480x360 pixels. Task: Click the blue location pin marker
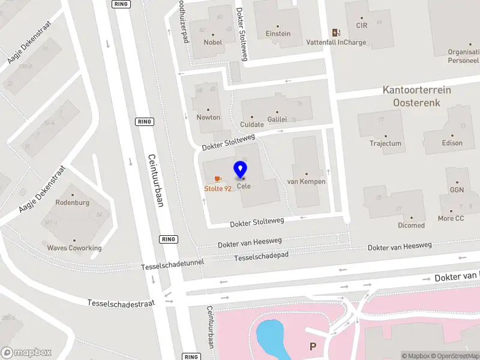coord(241,170)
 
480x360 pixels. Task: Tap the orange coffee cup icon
coord(218,179)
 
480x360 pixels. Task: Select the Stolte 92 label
coord(218,188)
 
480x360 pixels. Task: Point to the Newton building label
coord(208,117)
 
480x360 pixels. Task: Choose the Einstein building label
coord(278,34)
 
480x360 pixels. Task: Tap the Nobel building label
coord(212,42)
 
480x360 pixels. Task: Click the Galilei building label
coord(277,119)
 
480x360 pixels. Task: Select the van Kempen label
coord(306,181)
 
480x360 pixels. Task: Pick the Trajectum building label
coord(385,143)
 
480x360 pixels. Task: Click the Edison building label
coord(452,143)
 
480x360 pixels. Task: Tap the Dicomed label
coord(411,225)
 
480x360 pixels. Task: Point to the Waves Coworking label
coord(74,248)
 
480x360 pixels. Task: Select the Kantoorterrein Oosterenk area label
coord(416,97)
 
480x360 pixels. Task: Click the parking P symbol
coord(312,346)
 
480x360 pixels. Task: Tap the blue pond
coord(274,339)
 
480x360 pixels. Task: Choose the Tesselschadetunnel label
coord(173,265)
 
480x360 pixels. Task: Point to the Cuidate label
coord(252,124)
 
